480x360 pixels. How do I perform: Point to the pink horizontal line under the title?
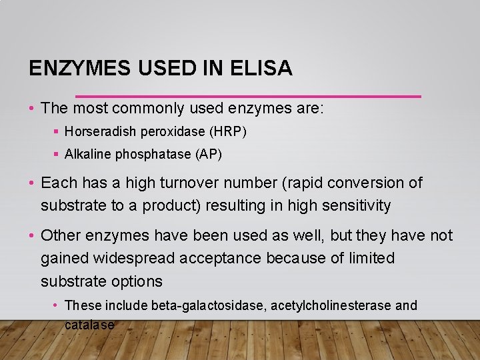click(248, 96)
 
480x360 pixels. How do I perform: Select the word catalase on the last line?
click(89, 325)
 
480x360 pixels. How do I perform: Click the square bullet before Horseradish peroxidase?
click(57, 133)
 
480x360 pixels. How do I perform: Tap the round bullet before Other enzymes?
click(32, 235)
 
